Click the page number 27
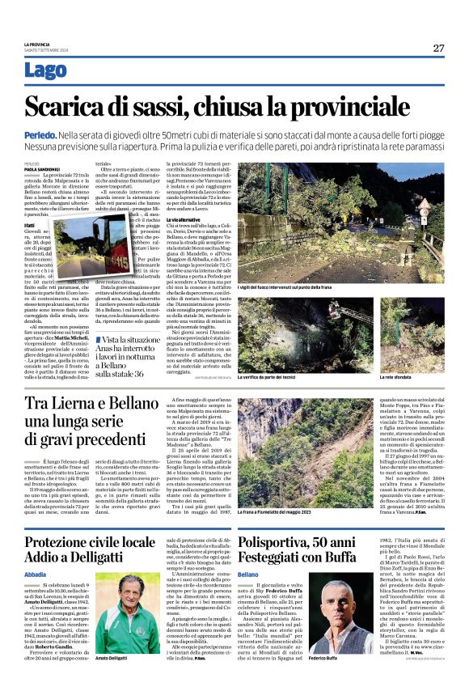coord(437,48)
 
